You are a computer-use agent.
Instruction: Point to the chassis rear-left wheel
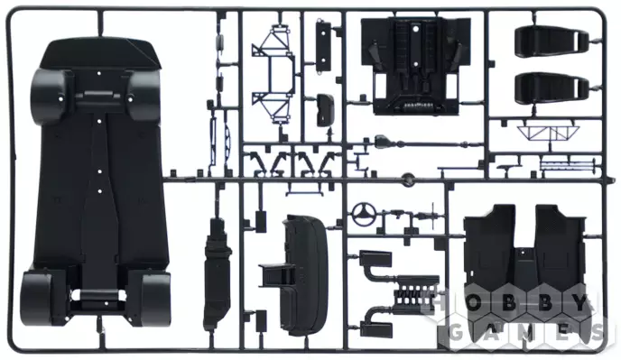point(38,298)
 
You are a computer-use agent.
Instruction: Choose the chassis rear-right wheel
point(155,299)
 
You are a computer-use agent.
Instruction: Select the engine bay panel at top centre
point(415,65)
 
